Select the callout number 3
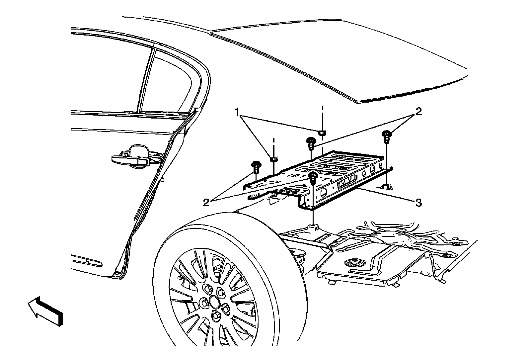point(419,202)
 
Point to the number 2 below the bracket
point(206,202)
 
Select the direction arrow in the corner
point(45,310)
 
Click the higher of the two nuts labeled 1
point(321,133)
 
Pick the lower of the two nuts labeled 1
point(273,159)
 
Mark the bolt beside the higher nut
point(311,142)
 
